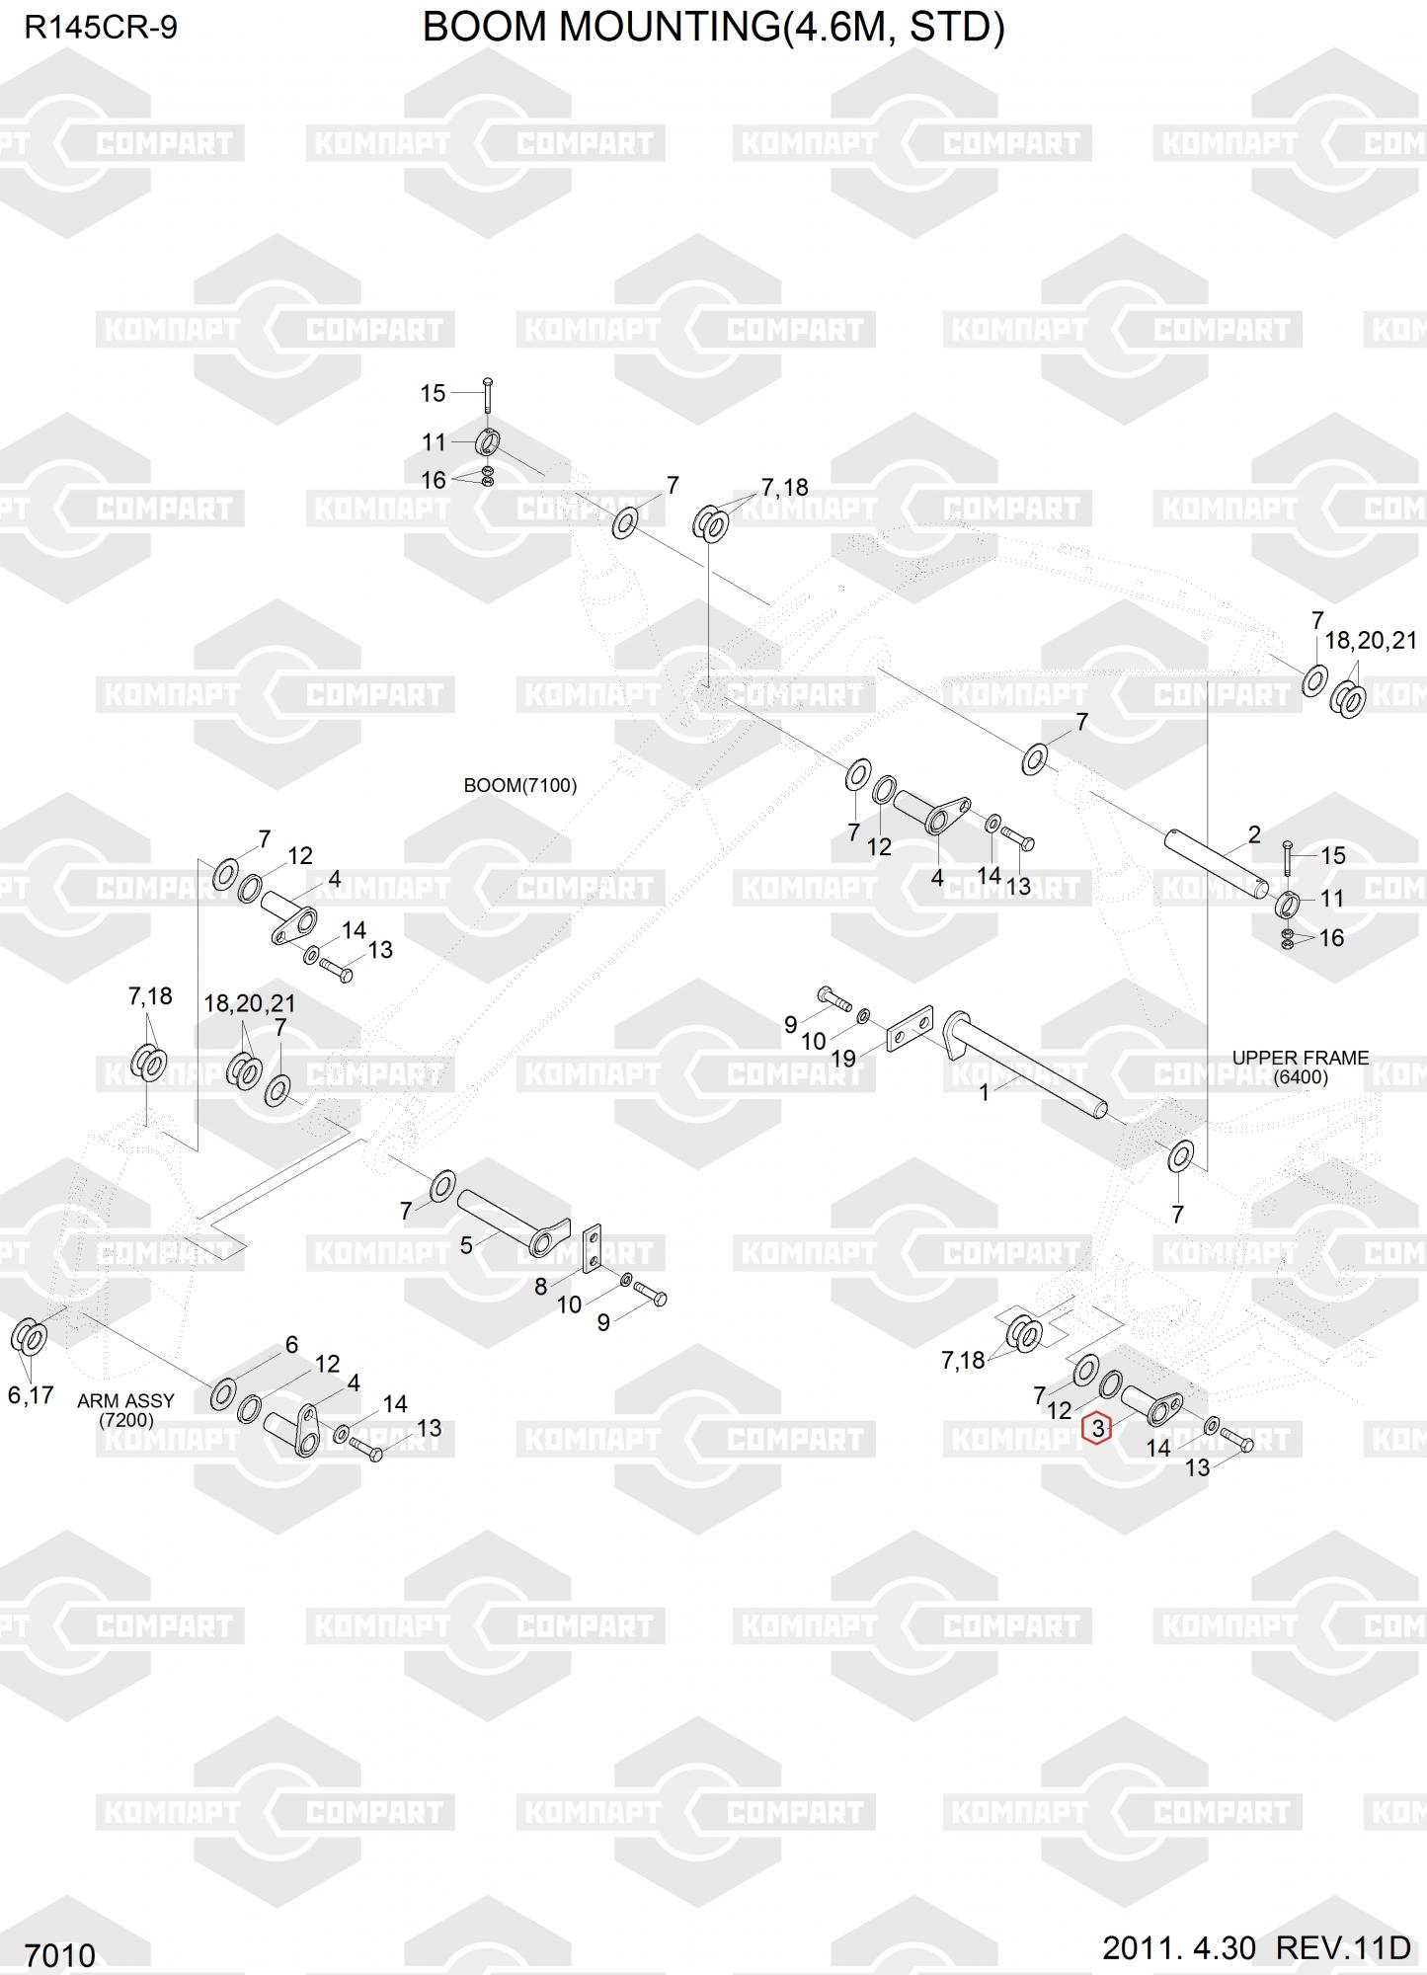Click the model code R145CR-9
(101, 28)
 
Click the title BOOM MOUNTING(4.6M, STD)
(713, 28)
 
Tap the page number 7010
(60, 1954)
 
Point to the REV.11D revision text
(1343, 1948)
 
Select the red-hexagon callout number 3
(1096, 1428)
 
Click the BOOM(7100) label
(520, 786)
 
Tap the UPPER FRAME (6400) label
(1300, 1066)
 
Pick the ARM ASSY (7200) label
(125, 1410)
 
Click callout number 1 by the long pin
(984, 1092)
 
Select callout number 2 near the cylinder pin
(1253, 834)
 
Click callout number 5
(466, 1245)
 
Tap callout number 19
(842, 1059)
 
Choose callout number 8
(541, 1286)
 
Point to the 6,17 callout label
(31, 1395)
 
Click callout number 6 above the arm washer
(291, 1344)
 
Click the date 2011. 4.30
(1179, 1948)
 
